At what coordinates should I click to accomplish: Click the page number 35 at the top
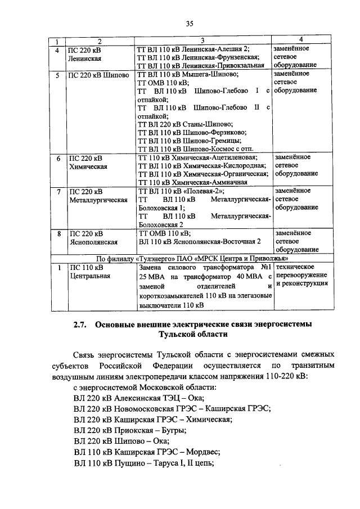coord(190,23)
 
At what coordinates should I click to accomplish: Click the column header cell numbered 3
coord(202,40)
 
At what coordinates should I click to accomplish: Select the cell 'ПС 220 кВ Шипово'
coord(97,75)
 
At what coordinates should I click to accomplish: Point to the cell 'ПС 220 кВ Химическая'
coord(85,162)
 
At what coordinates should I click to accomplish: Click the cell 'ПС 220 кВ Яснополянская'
coord(93,237)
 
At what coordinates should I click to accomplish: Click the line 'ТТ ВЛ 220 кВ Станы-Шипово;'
coord(186,124)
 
